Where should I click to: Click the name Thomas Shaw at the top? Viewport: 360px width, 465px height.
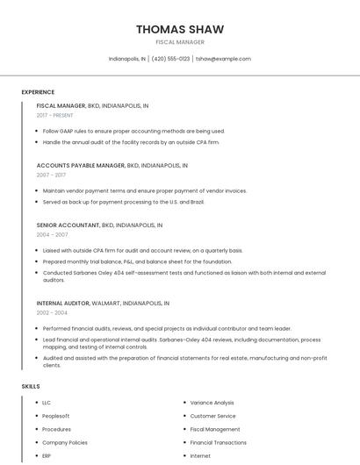pyautogui.click(x=180, y=30)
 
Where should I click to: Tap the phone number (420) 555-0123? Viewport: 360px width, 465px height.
pyautogui.click(x=170, y=59)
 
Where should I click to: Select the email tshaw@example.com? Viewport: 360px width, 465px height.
pyautogui.click(x=223, y=59)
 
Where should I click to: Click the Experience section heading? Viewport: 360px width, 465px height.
pyautogui.click(x=38, y=92)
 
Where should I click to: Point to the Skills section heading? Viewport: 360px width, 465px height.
pyautogui.click(x=31, y=386)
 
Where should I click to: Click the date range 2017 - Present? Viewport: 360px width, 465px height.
pyautogui.click(x=54, y=115)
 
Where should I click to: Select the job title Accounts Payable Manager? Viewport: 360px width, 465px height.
pyautogui.click(x=81, y=165)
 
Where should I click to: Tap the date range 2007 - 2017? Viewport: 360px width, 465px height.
pyautogui.click(x=51, y=175)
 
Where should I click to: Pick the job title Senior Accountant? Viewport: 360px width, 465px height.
pyautogui.click(x=68, y=225)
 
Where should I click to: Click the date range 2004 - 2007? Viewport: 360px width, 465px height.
pyautogui.click(x=52, y=234)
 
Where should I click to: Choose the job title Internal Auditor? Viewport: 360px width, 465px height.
pyautogui.click(x=63, y=303)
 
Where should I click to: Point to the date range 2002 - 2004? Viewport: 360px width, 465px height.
pyautogui.click(x=52, y=312)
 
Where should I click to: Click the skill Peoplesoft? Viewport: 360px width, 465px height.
pyautogui.click(x=55, y=416)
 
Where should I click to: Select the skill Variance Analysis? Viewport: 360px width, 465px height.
pyautogui.click(x=212, y=403)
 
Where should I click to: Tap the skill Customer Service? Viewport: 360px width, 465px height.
pyautogui.click(x=212, y=416)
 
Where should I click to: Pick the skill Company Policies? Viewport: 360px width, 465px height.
pyautogui.click(x=64, y=443)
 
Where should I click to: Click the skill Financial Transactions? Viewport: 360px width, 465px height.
pyautogui.click(x=218, y=443)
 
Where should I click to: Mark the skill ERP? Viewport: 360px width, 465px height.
pyautogui.click(x=47, y=456)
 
